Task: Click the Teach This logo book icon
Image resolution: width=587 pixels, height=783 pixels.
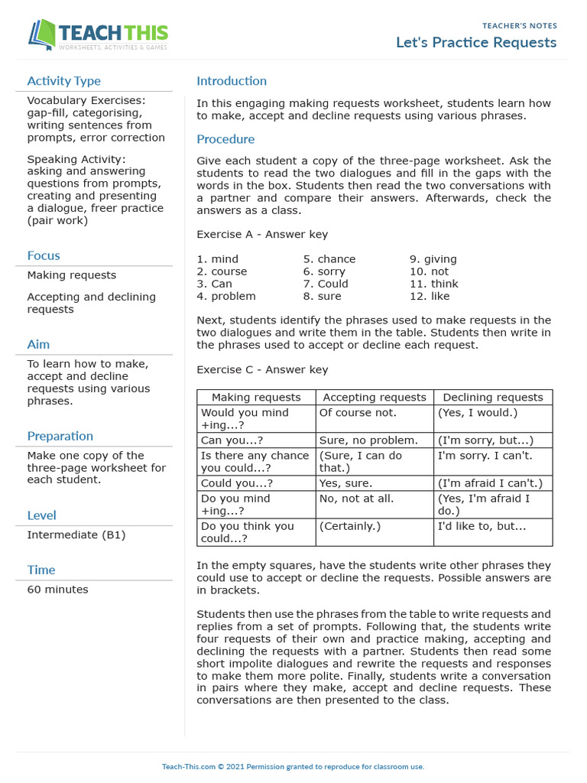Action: click(44, 35)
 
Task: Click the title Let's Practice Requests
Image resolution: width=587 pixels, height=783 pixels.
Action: click(476, 42)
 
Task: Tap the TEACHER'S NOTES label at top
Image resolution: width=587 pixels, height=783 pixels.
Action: click(520, 25)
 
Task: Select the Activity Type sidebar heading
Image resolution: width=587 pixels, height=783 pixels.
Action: click(63, 81)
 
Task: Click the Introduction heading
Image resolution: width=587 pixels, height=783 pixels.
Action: click(232, 81)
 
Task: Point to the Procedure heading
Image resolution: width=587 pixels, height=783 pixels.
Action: click(225, 139)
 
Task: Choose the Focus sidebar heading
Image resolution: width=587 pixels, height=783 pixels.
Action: click(44, 255)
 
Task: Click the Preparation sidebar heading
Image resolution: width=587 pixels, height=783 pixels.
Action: click(60, 436)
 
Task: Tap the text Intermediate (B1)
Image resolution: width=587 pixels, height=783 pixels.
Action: click(76, 534)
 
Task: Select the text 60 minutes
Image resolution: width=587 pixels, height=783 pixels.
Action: click(57, 590)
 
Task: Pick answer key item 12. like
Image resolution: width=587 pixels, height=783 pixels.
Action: click(430, 296)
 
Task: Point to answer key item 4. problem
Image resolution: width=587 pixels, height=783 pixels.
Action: click(226, 296)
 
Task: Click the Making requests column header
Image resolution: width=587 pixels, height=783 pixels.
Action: click(256, 397)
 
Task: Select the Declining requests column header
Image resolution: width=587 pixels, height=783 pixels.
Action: click(493, 397)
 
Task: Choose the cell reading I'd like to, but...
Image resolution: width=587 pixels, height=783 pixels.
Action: click(482, 526)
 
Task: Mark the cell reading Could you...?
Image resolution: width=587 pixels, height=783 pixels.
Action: click(237, 483)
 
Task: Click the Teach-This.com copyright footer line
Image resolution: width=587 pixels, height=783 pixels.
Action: click(293, 766)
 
